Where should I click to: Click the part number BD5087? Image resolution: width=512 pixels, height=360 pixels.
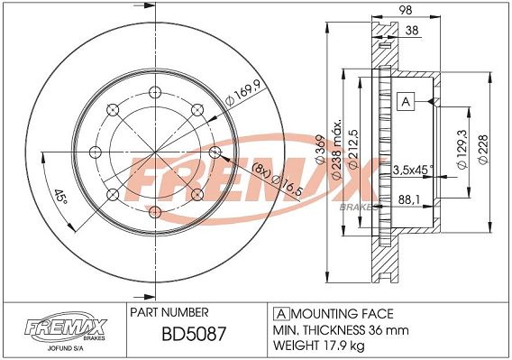(194, 334)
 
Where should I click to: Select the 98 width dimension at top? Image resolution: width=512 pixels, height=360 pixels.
(406, 10)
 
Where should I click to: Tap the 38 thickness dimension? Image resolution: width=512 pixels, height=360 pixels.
(412, 30)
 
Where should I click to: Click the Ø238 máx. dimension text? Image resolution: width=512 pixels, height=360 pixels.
(337, 149)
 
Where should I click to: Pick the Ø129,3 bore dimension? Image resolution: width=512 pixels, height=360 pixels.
(462, 149)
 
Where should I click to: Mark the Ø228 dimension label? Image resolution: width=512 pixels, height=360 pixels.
(482, 149)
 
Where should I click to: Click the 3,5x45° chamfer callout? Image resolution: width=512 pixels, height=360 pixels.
(413, 170)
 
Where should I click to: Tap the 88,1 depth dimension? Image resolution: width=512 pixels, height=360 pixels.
(409, 199)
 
